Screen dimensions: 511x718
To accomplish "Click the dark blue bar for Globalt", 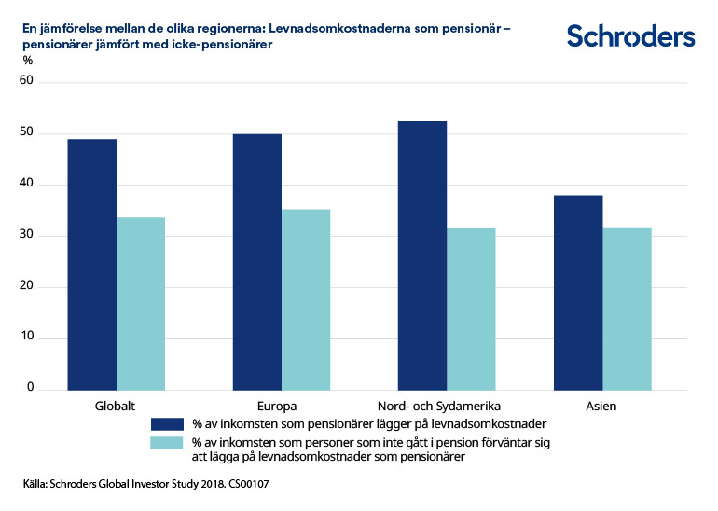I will [91, 264].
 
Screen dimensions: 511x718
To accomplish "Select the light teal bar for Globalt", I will [141, 303].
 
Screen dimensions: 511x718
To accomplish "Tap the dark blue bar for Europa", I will [256, 261].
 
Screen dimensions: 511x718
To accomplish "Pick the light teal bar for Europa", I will [306, 299].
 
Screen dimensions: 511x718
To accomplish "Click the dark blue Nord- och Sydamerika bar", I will [421, 255].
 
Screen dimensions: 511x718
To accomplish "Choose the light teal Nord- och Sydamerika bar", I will [471, 309].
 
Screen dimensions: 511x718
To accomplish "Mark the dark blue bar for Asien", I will [578, 292].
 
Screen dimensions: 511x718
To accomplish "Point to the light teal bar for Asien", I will [627, 308].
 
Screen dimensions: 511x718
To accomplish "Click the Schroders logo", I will [630, 36].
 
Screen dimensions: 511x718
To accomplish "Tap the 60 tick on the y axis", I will [27, 81].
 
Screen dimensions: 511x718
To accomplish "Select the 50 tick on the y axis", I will [27, 132].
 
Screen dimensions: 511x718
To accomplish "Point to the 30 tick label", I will [27, 235].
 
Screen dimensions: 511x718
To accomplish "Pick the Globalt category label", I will [116, 407].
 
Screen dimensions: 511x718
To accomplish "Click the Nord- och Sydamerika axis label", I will [439, 407].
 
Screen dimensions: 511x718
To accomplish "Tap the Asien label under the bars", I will [601, 407].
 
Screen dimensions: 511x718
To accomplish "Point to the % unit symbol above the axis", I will [27, 61].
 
